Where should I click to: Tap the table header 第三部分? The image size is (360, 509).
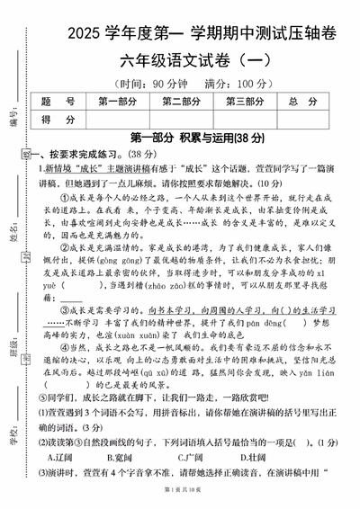click(247, 101)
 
